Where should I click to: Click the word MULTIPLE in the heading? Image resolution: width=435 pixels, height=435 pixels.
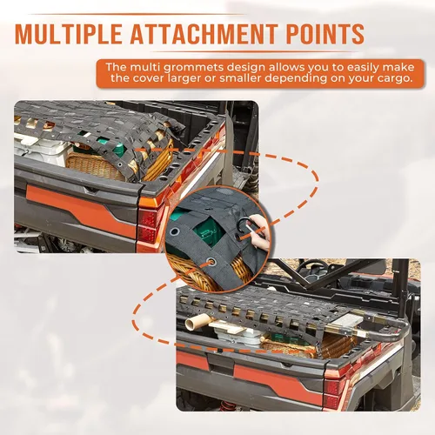69,34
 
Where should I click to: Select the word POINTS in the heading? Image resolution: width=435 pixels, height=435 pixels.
325,34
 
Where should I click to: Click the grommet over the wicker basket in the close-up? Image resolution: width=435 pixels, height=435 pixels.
211,262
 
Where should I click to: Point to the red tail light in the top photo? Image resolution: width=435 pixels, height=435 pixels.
147,226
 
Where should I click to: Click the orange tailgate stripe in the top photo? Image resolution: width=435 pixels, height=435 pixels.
80,210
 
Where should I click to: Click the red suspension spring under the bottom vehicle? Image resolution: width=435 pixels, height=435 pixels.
228,406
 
